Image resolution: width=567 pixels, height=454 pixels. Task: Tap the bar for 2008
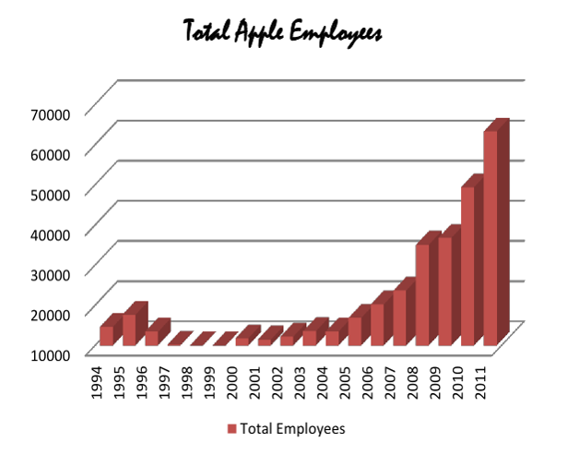tap(422, 294)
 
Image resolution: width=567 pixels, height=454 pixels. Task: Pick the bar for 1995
tap(129, 329)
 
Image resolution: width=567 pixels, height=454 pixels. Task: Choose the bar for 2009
tap(444, 291)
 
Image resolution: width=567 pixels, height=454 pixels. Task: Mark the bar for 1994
tap(106, 336)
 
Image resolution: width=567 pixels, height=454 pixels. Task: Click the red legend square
tap(230, 429)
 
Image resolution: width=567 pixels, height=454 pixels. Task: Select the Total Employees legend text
tap(292, 429)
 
